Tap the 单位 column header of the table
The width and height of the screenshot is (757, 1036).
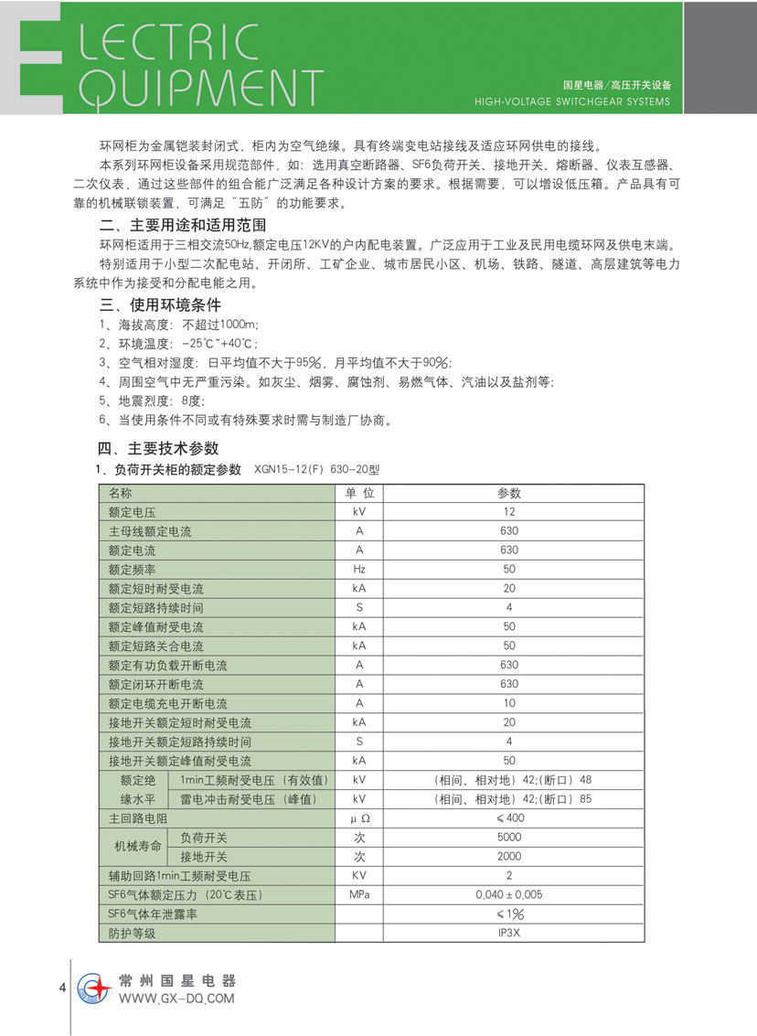[359, 493]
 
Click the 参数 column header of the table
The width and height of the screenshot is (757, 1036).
[509, 493]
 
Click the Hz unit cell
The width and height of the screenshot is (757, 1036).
[359, 569]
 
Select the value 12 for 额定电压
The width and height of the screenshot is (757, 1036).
[509, 512]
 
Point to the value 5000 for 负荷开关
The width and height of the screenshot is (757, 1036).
[509, 838]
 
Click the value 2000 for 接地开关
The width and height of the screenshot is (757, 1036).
[509, 857]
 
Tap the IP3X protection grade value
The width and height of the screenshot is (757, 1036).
[509, 934]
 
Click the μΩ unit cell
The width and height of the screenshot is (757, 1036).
[359, 818]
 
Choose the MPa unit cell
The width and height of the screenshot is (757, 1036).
[359, 895]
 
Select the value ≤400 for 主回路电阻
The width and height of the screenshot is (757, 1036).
[509, 818]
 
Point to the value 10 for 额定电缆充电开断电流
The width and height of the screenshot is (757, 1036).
[509, 703]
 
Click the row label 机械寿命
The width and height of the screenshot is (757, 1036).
[136, 848]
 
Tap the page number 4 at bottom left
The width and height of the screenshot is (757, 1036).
[61, 988]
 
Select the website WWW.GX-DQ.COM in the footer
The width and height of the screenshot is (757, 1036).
[176, 999]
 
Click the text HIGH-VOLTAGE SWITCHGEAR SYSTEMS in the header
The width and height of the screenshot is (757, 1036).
[573, 101]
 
